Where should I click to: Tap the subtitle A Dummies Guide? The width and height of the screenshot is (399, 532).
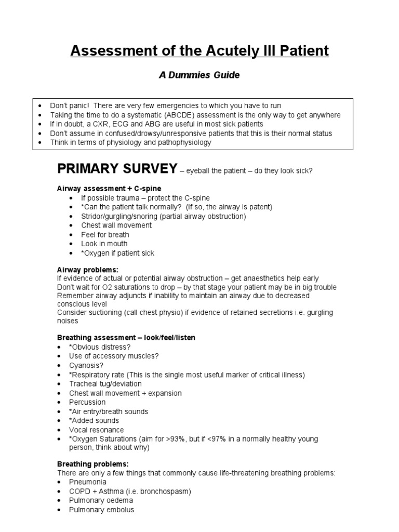(x=199, y=75)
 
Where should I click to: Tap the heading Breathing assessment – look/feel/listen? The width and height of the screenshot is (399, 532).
(x=126, y=338)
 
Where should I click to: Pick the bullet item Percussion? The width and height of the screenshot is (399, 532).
(x=87, y=402)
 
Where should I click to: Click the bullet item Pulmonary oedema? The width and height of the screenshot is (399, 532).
(x=101, y=500)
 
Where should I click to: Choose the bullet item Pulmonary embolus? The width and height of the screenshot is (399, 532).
(x=101, y=510)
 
